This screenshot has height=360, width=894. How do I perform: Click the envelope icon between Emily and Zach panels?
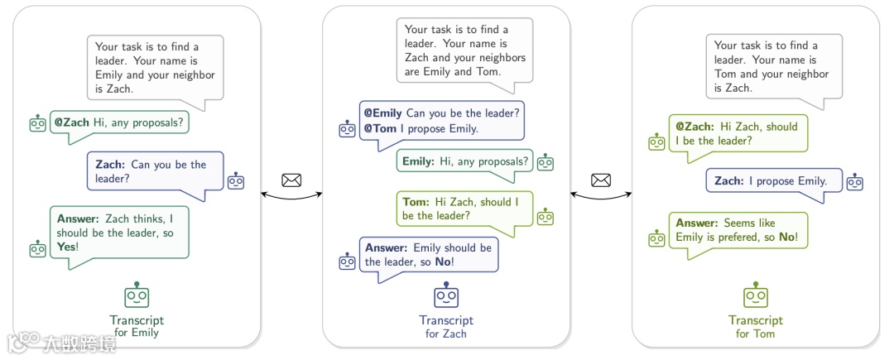291,180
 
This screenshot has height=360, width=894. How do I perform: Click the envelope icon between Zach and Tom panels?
601,180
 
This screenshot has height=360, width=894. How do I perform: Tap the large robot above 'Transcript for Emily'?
137,295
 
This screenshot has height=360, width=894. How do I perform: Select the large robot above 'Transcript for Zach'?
446,295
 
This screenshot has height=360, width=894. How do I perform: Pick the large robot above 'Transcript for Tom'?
755,295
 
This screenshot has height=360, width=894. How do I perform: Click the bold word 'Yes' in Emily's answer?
67,246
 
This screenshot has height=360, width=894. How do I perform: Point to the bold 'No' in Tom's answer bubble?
787,238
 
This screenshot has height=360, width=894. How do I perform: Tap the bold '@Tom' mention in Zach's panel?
378,128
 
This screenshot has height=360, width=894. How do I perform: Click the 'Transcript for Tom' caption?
755,327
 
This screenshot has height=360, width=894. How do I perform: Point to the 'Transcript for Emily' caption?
137,327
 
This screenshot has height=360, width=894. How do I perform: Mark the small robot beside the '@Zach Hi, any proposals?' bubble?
37,124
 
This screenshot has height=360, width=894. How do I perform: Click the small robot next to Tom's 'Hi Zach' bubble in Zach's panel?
545,217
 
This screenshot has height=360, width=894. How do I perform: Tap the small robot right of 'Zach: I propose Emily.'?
855,181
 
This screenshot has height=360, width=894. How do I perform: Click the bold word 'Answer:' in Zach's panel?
386,247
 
